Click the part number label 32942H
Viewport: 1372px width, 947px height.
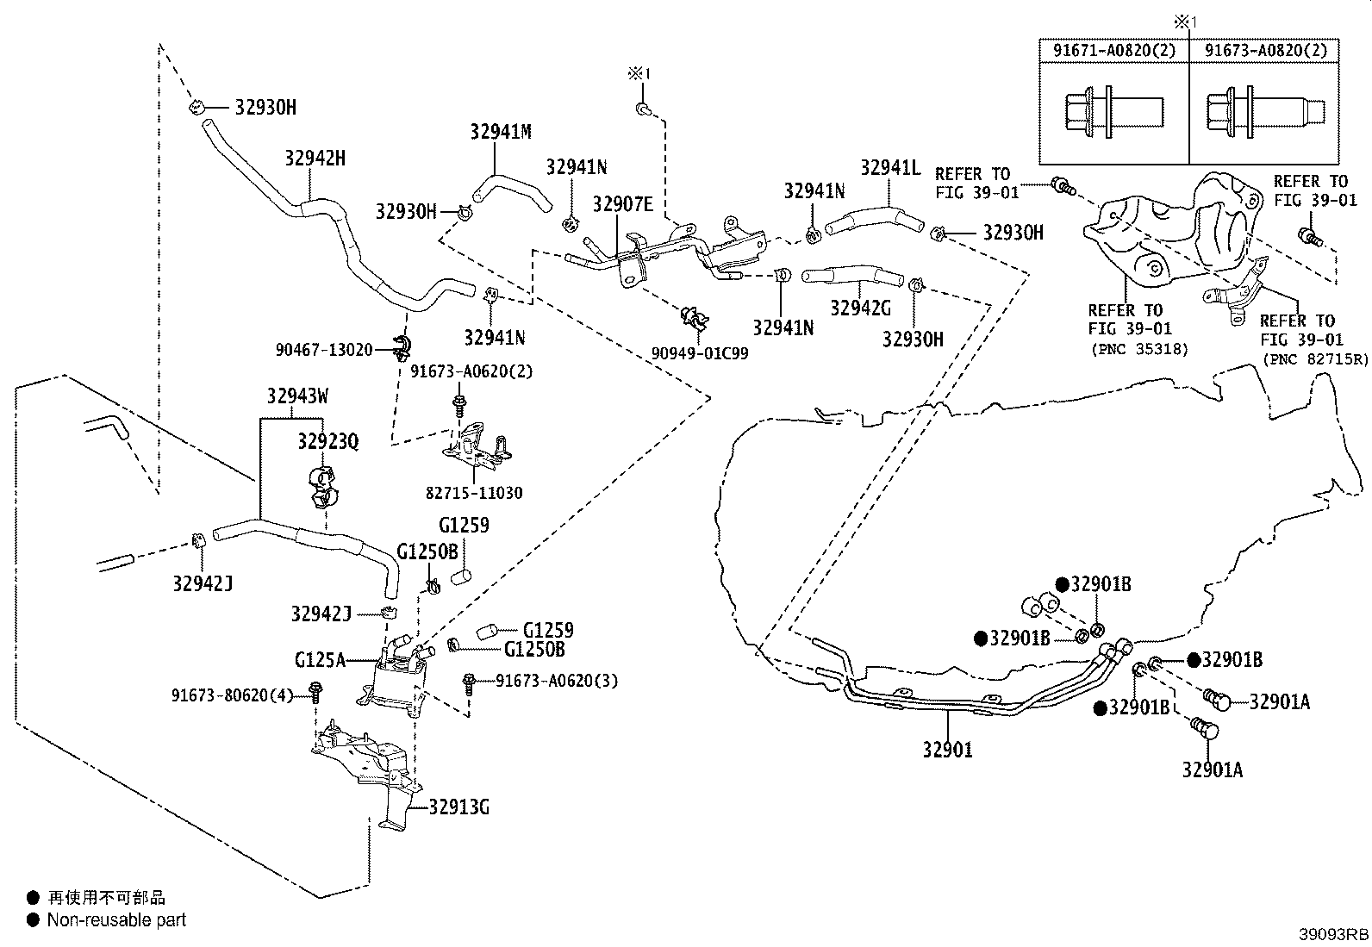tap(315, 159)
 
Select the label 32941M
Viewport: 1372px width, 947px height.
tap(501, 132)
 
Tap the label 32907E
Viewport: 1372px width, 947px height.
tap(623, 204)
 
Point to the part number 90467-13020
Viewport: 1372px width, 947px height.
tap(324, 350)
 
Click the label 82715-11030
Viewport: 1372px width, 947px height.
tap(474, 493)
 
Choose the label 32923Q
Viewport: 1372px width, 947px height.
tap(328, 441)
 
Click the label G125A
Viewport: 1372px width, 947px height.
tap(320, 660)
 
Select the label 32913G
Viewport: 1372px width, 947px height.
tap(458, 807)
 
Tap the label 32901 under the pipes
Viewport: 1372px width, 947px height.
tap(947, 749)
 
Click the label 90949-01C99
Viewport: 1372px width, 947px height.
tap(700, 353)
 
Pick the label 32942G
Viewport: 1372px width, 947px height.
tap(861, 308)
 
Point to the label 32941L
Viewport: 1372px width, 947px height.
tap(890, 168)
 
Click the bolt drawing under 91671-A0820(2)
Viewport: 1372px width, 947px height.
tap(1114, 113)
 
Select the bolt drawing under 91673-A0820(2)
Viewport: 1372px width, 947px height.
tap(1265, 113)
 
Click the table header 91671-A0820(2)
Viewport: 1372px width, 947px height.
tap(1115, 50)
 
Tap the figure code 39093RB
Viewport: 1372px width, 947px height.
tap(1333, 934)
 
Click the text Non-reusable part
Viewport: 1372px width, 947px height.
tap(116, 920)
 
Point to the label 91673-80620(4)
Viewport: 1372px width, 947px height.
tap(233, 695)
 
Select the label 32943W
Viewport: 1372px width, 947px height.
tap(297, 396)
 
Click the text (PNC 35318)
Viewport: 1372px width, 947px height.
tap(1140, 349)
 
